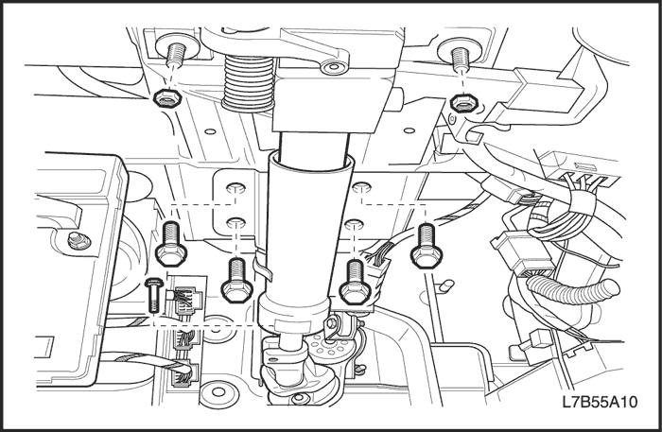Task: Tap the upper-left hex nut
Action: coord(163,98)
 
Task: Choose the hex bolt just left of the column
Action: coord(235,280)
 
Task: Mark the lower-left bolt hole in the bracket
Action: coord(236,224)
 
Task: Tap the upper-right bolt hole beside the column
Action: coord(360,191)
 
